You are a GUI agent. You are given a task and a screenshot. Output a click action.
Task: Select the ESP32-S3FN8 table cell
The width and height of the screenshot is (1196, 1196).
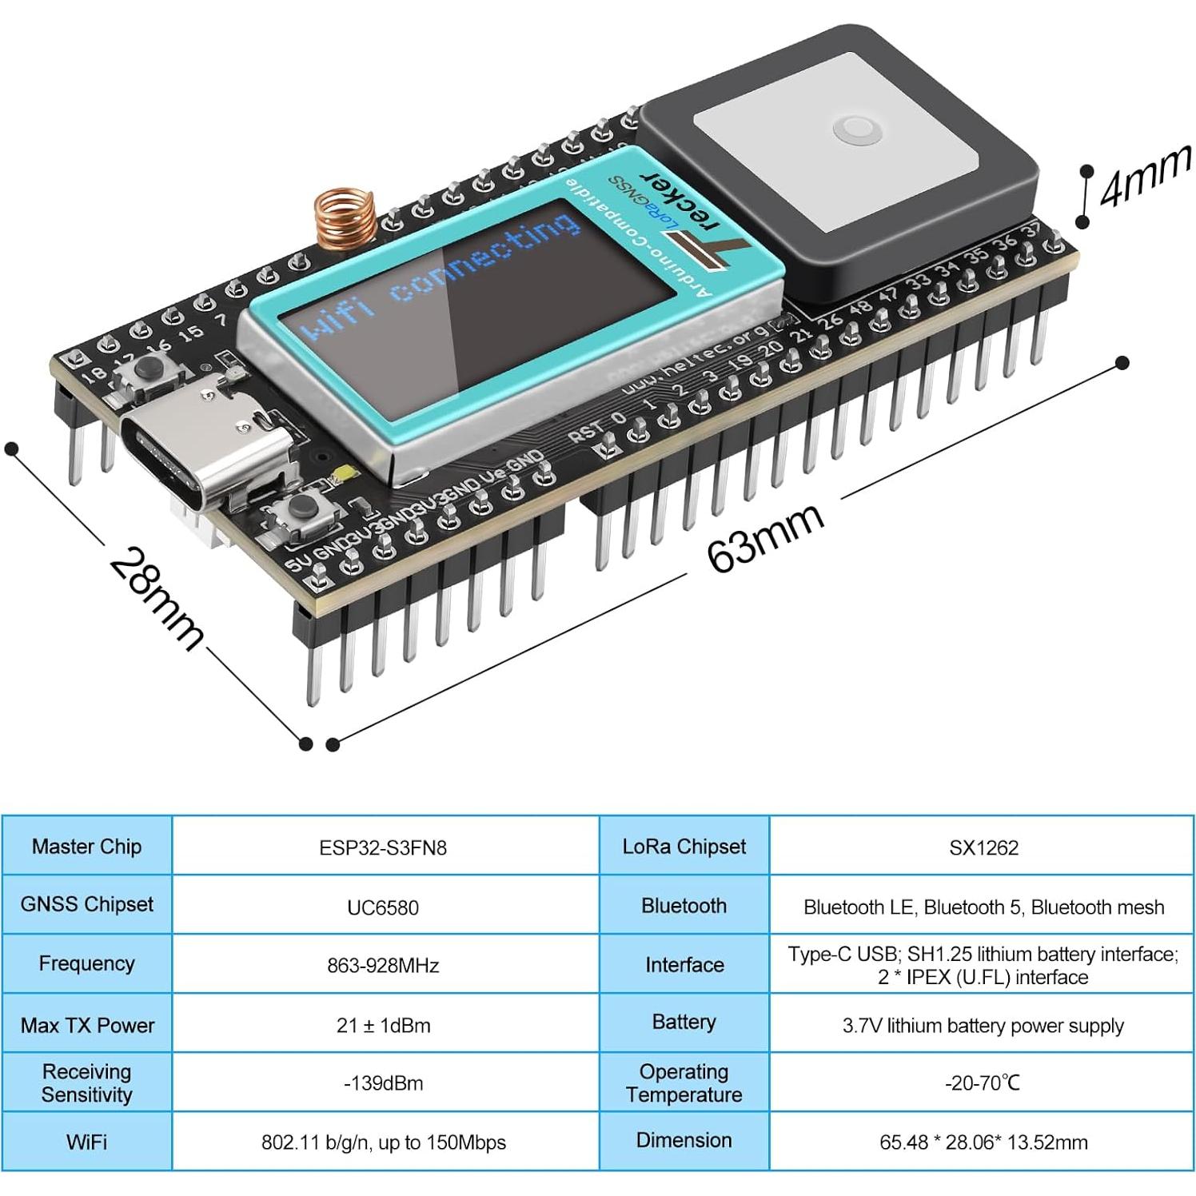click(383, 847)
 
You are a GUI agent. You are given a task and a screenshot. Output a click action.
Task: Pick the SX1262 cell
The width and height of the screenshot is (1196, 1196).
click(983, 847)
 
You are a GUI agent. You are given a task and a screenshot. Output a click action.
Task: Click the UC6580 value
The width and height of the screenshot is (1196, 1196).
click(383, 907)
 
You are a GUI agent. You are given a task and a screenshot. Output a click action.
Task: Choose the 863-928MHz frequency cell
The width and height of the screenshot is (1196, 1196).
click(383, 966)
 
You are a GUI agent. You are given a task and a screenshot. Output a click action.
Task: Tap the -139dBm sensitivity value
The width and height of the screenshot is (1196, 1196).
click(383, 1083)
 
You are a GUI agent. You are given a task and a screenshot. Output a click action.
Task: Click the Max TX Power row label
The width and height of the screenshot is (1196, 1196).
click(87, 1025)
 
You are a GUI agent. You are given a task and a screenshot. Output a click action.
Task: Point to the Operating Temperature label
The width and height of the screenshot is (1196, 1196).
click(684, 1082)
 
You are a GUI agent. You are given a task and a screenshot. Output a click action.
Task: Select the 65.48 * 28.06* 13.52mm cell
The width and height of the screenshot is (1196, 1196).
click(983, 1142)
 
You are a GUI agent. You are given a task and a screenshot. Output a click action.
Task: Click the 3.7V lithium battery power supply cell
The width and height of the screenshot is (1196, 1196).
click(983, 1025)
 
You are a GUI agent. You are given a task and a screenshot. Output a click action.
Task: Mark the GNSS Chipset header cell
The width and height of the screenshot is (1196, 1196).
click(87, 904)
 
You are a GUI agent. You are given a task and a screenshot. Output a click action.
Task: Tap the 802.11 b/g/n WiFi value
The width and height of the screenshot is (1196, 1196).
click(383, 1142)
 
